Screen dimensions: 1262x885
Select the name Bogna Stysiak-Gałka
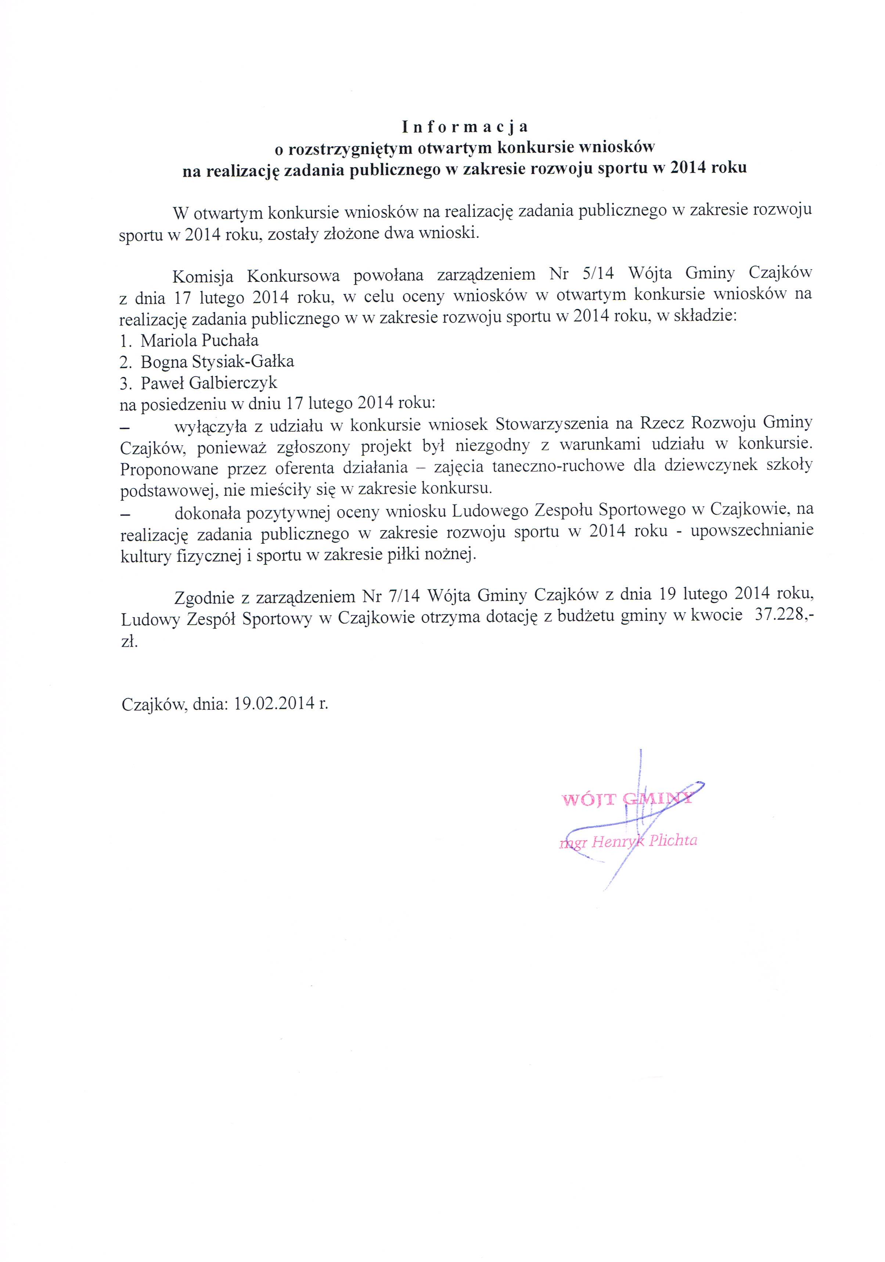pos(217,362)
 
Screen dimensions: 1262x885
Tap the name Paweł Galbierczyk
pos(209,382)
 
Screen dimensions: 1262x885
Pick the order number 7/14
pos(405,595)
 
